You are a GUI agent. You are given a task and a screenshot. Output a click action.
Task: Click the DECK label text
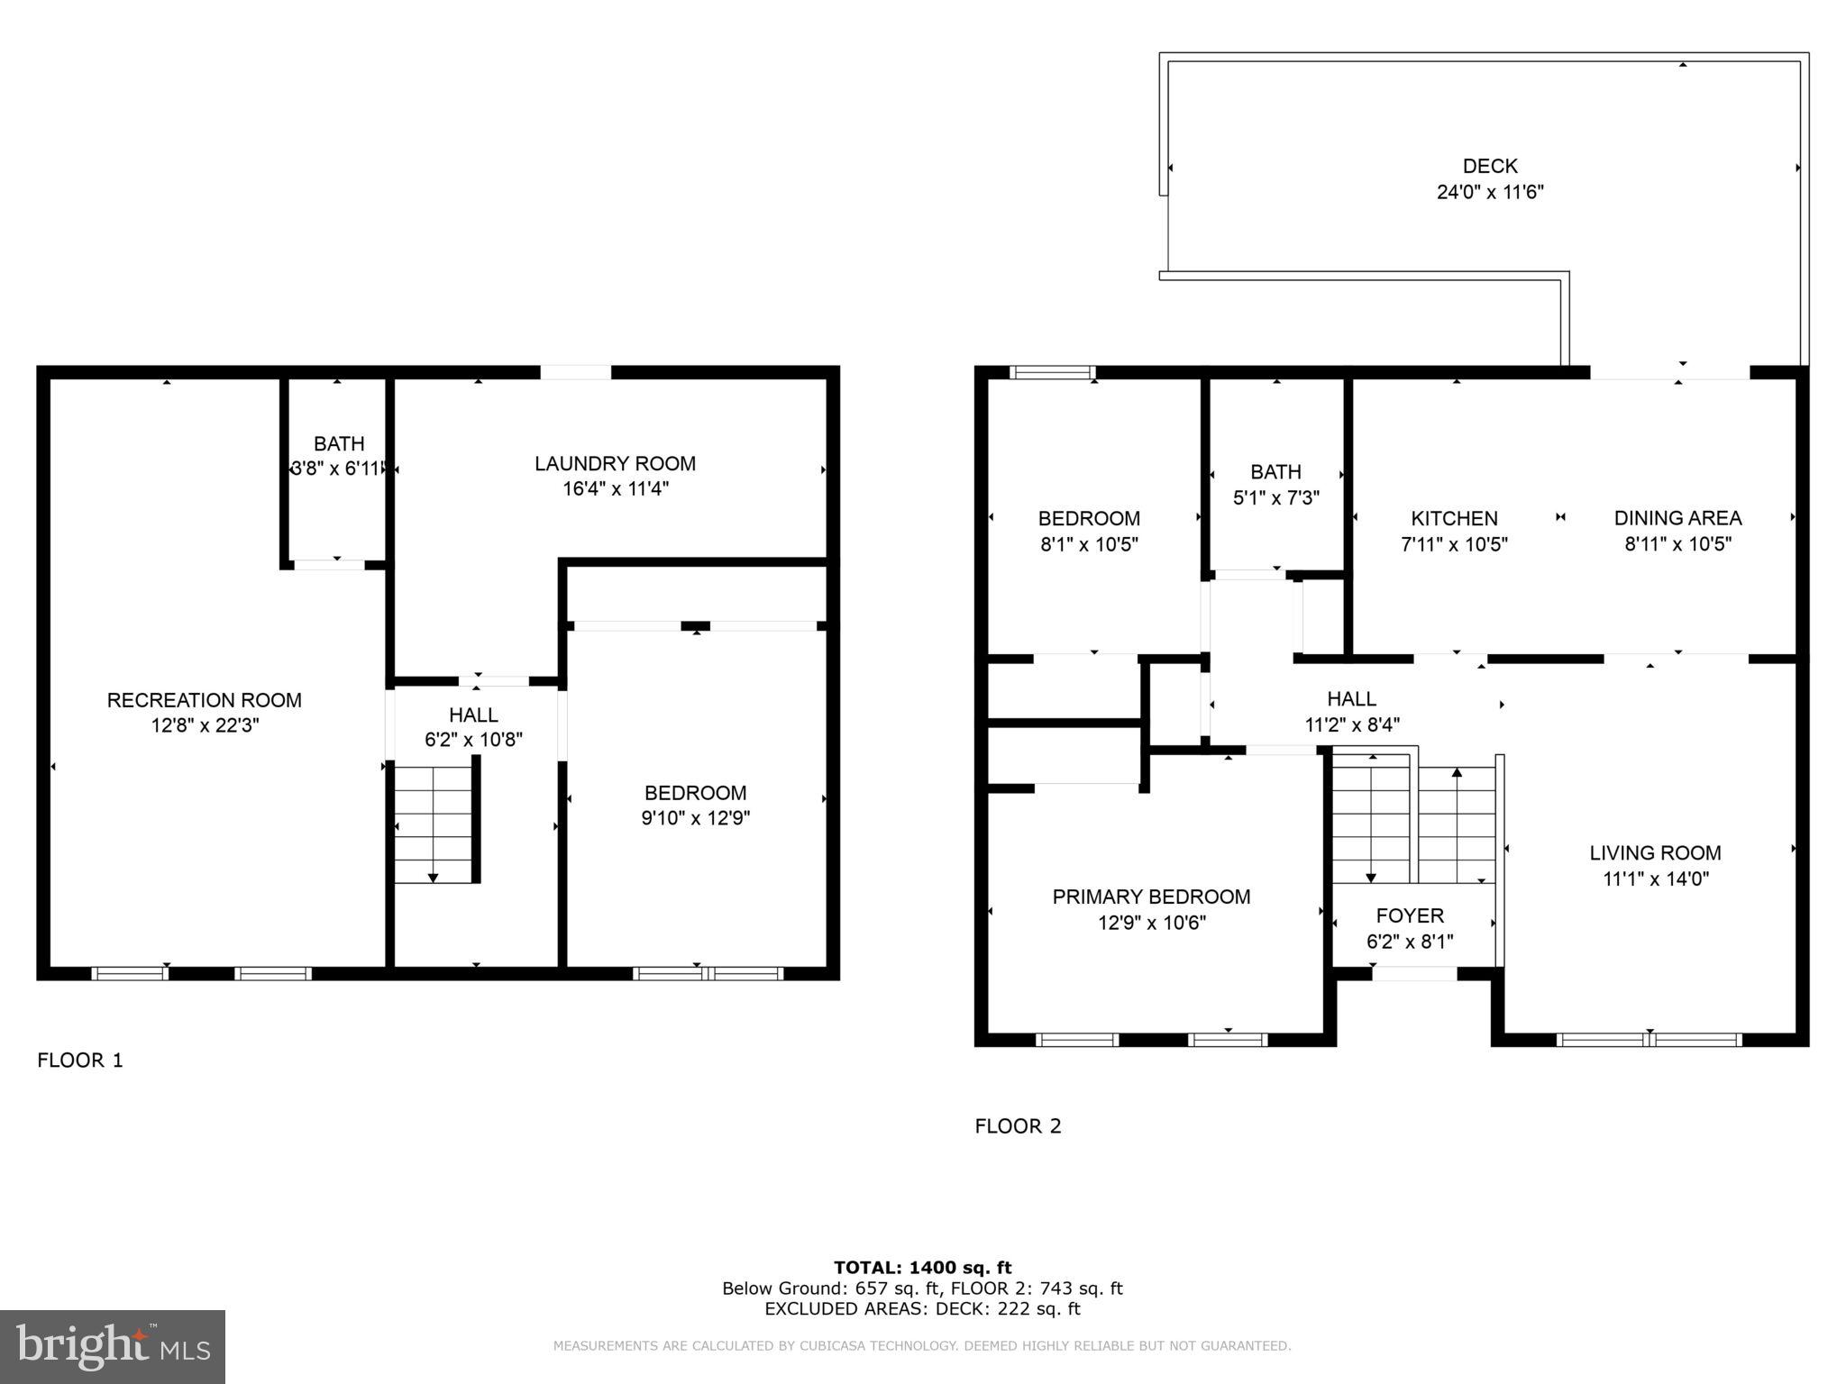tap(1489, 166)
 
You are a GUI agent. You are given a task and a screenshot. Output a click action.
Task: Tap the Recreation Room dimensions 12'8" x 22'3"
tap(205, 725)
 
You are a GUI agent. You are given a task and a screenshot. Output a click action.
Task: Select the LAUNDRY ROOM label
tap(615, 463)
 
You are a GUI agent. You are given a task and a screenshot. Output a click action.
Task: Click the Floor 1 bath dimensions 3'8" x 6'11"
tap(338, 469)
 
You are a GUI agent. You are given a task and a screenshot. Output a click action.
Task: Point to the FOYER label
tap(1410, 915)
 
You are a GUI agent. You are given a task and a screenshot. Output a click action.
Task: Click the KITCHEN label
tap(1454, 518)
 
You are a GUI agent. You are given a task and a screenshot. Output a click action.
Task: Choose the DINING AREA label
tap(1677, 518)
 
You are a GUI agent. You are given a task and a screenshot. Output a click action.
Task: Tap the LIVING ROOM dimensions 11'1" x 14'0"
tap(1655, 879)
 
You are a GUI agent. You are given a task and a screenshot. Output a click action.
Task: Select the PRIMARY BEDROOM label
tap(1151, 897)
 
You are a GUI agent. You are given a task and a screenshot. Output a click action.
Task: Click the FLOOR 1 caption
tap(79, 1061)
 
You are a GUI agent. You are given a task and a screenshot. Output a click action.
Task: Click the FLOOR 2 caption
tap(1018, 1126)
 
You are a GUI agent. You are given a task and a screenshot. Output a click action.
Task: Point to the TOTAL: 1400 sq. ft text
tap(922, 1268)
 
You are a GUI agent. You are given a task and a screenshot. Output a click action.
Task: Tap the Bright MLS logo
tap(112, 1347)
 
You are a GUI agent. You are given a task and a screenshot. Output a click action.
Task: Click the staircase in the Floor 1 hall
tap(434, 824)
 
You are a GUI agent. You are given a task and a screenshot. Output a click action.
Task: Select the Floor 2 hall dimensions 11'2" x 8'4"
tap(1351, 724)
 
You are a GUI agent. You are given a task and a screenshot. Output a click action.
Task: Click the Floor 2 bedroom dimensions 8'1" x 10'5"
tap(1089, 544)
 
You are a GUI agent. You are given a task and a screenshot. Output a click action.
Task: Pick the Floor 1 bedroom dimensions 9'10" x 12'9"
tap(695, 818)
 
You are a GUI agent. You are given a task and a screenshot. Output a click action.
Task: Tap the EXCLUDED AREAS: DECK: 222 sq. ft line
tap(922, 1309)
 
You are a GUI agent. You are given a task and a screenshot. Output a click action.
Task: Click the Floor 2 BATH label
tap(1275, 471)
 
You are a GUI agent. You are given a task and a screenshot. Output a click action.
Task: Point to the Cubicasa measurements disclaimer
tap(922, 1346)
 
